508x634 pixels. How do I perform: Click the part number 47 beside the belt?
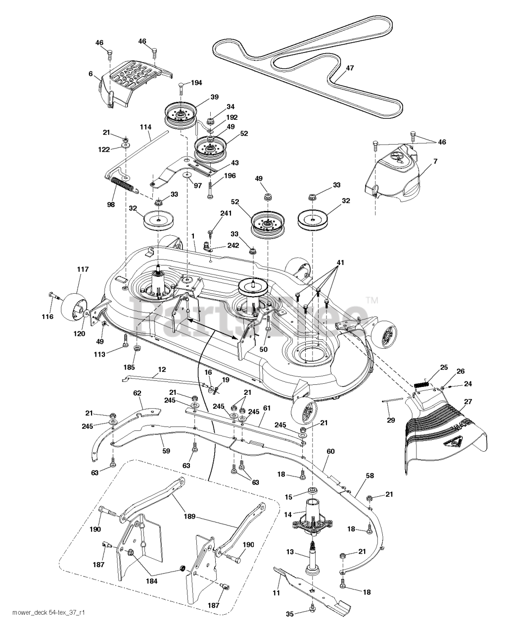[x=350, y=68]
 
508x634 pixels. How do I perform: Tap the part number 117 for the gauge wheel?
[x=82, y=269]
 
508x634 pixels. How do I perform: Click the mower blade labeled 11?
[x=312, y=589]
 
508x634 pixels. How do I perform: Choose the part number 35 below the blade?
[x=290, y=614]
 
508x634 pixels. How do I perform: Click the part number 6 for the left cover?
[x=91, y=73]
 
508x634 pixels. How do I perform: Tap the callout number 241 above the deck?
[x=226, y=213]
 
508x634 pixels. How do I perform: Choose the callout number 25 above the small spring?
[x=444, y=367]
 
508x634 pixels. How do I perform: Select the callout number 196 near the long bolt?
[x=230, y=175]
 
